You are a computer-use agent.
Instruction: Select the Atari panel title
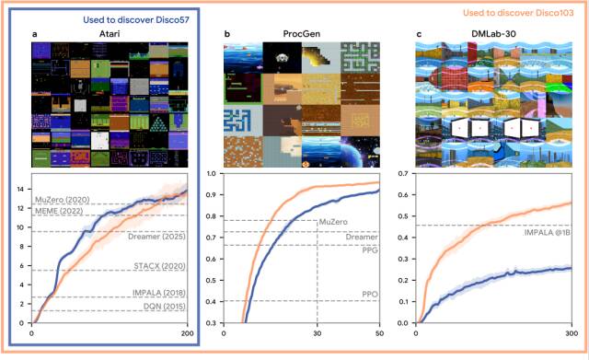pyautogui.click(x=111, y=34)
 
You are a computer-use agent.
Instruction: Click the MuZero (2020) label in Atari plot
pyautogui.click(x=63, y=199)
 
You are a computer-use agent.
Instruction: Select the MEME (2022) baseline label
pyautogui.click(x=63, y=211)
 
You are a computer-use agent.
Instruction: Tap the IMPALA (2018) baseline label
pyautogui.click(x=154, y=294)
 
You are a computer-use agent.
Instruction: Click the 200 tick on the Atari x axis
pyautogui.click(x=188, y=333)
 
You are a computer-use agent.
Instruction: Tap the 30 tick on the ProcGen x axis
pyautogui.click(x=318, y=333)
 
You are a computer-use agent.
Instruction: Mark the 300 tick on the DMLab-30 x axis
pyautogui.click(x=571, y=333)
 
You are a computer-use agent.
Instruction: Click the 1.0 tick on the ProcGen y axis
pyautogui.click(x=211, y=173)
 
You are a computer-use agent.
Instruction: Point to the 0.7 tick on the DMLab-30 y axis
pyautogui.click(x=403, y=173)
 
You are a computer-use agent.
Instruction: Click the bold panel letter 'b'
pyautogui.click(x=227, y=34)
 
